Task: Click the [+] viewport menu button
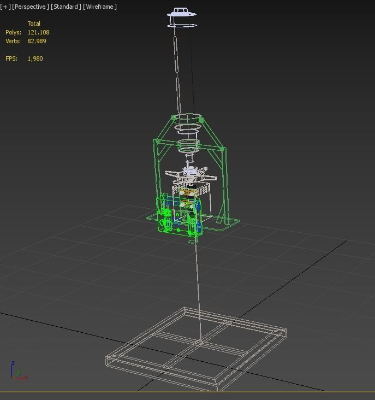[x=5, y=7]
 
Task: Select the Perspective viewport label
[x=30, y=7]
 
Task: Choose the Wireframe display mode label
[x=100, y=7]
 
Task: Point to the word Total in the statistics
[x=34, y=23]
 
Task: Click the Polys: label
[x=13, y=32]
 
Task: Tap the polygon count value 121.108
[x=38, y=32]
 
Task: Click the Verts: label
[x=13, y=41]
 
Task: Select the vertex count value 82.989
[x=37, y=41]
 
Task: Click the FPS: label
[x=11, y=58]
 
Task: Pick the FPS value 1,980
[x=35, y=58]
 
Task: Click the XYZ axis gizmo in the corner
[x=16, y=372]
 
